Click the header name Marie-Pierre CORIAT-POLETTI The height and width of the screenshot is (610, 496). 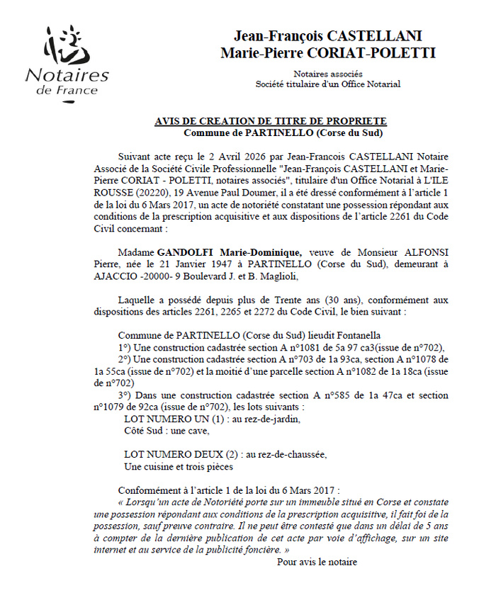328,53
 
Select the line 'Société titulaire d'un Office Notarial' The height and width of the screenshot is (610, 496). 328,84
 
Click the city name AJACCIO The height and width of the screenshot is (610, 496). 115,276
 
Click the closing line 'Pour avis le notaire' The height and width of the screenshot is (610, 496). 317,562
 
